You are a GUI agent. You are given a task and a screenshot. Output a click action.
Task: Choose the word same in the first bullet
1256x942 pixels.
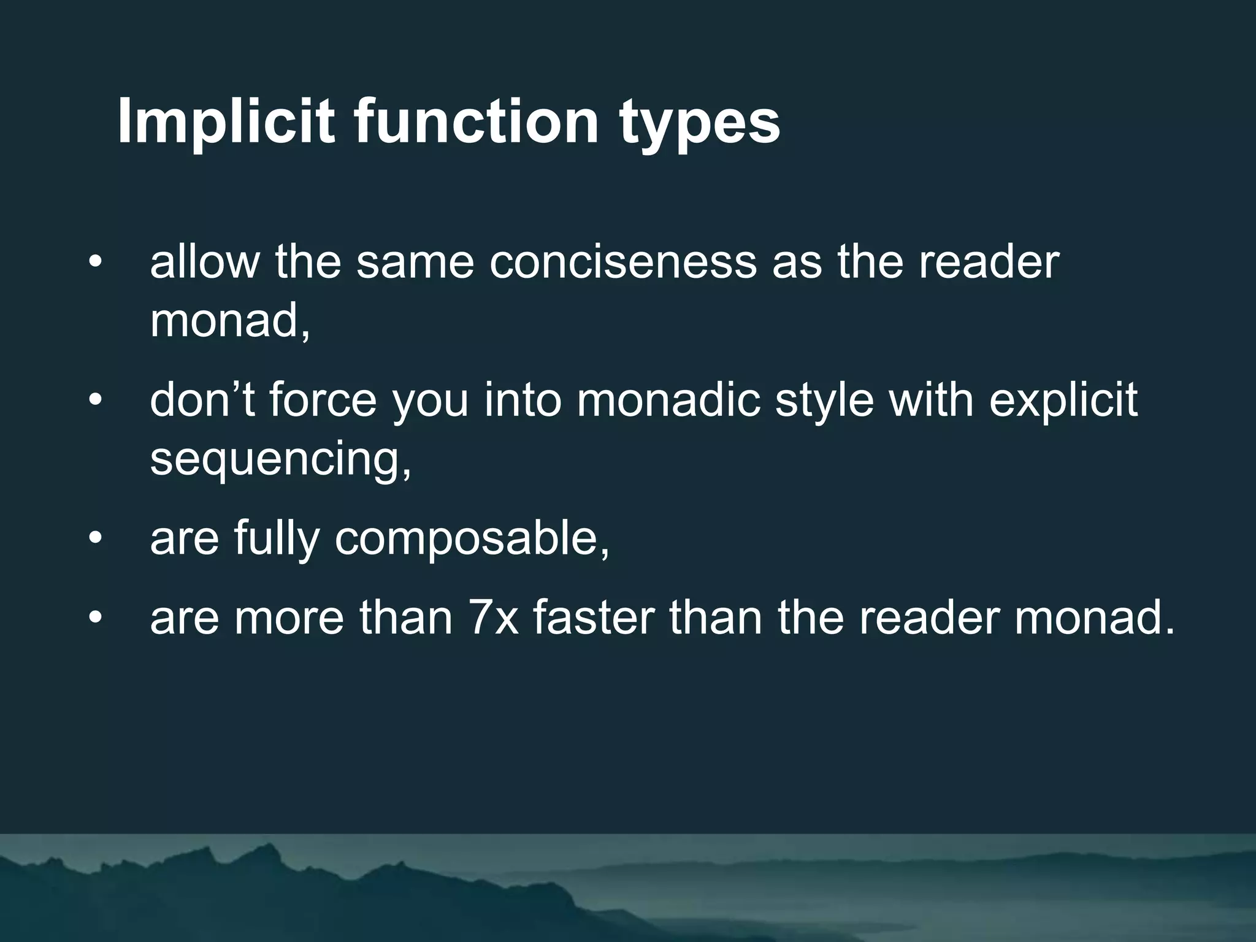point(415,262)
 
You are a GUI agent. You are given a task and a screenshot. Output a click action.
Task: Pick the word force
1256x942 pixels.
point(323,400)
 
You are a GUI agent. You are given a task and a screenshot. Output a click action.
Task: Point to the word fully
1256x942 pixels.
point(277,540)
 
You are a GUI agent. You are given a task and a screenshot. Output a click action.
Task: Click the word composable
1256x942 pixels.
point(472,540)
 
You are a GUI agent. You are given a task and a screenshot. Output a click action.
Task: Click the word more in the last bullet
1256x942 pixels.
point(289,618)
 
